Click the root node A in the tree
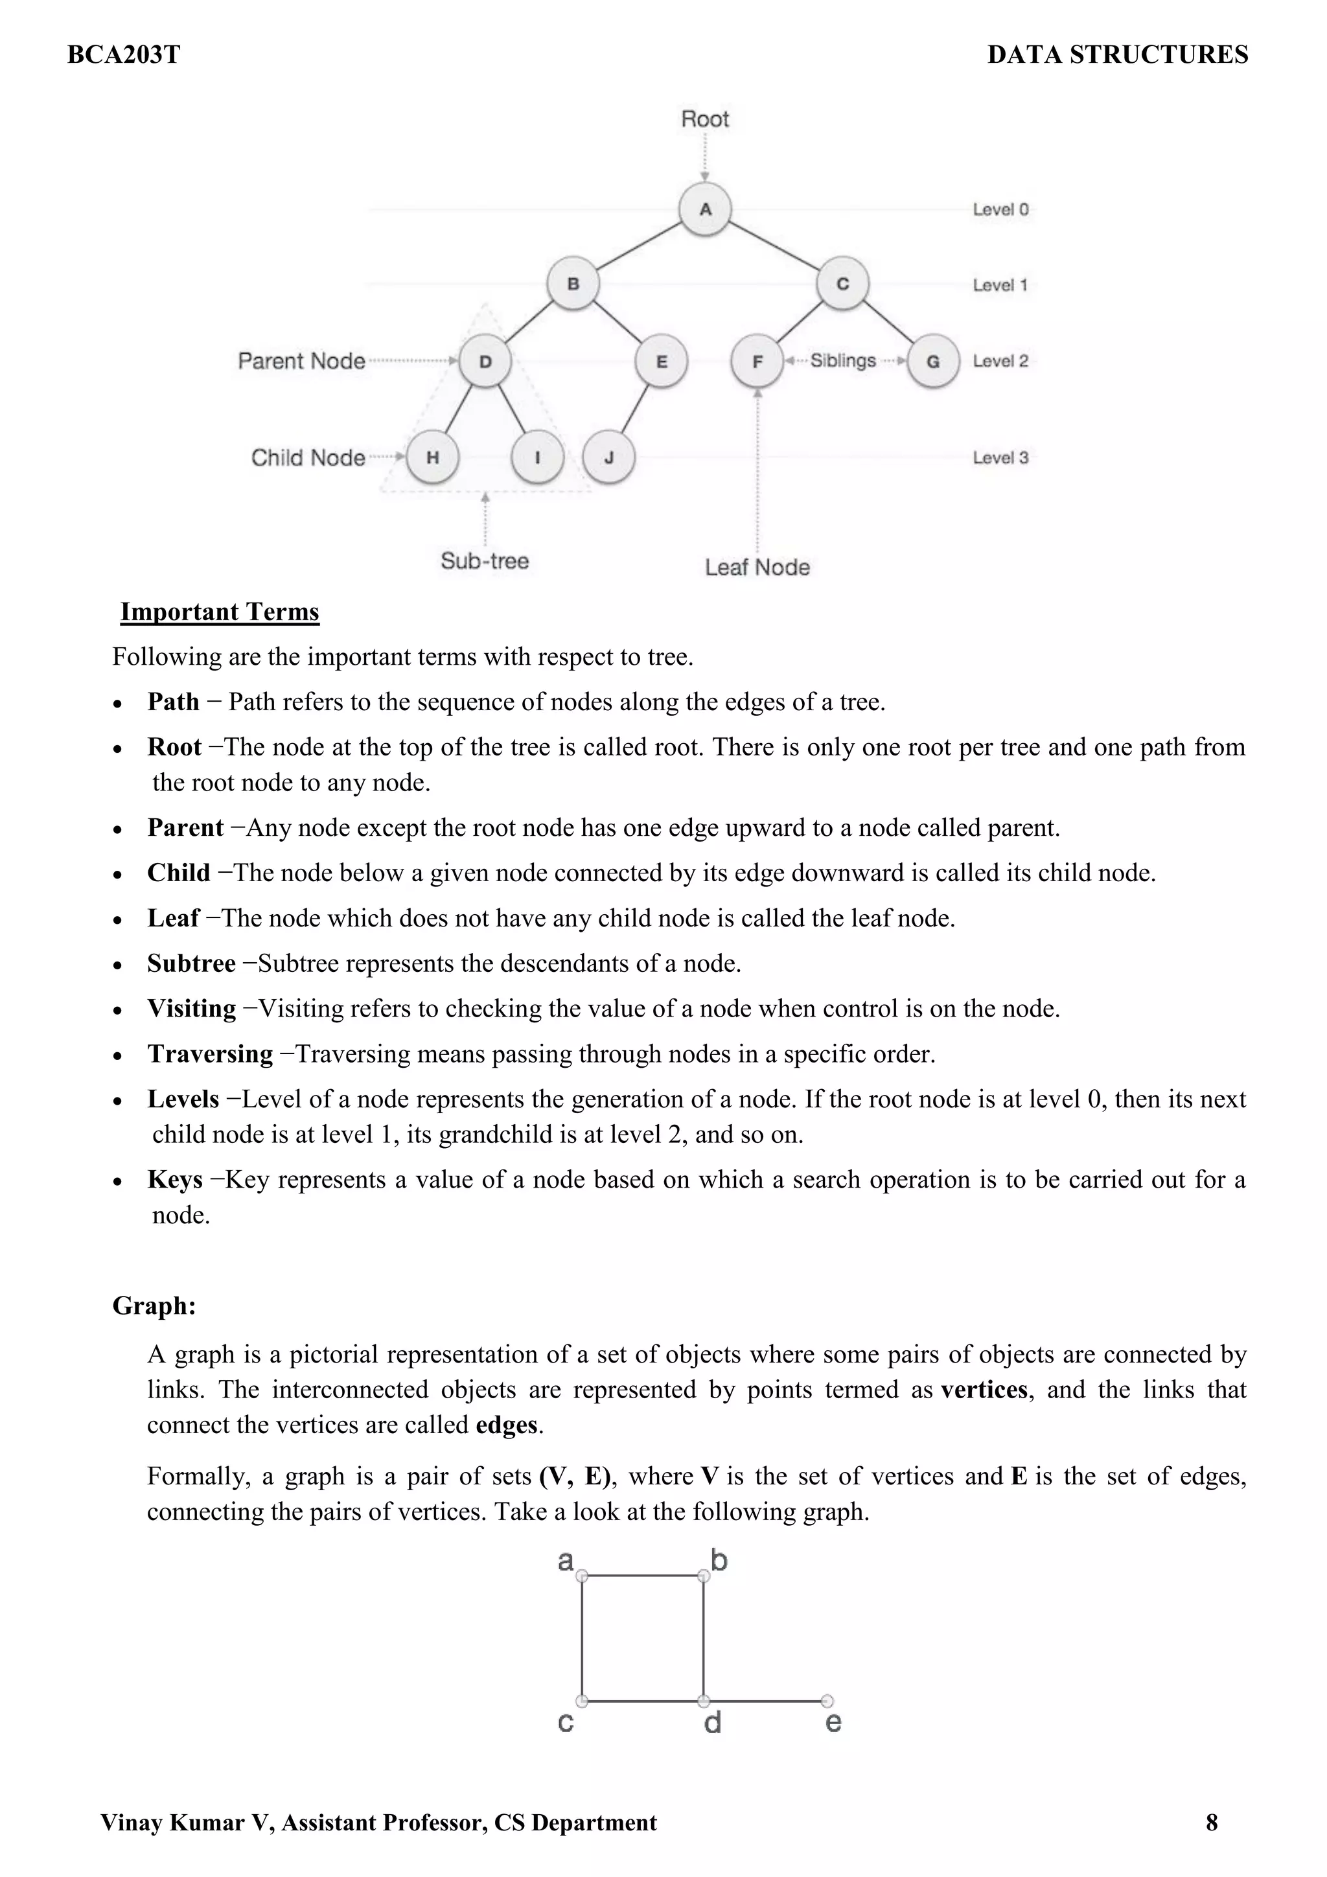[x=705, y=209]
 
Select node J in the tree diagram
[x=609, y=458]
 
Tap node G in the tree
[x=933, y=362]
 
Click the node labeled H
[x=433, y=458]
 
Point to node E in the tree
[x=662, y=362]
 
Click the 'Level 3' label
[x=1000, y=458]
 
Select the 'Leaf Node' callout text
[x=757, y=568]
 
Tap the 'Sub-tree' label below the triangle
[x=485, y=561]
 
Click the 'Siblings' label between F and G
[x=843, y=360]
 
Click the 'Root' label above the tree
[x=705, y=119]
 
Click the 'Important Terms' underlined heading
[x=219, y=612]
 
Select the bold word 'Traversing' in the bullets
[x=210, y=1054]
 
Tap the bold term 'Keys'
[x=175, y=1180]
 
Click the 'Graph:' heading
[x=154, y=1306]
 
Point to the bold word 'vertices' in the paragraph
[x=984, y=1390]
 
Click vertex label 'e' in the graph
[x=833, y=1723]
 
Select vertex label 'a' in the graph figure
[x=565, y=1561]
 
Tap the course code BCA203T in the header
[x=124, y=55]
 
